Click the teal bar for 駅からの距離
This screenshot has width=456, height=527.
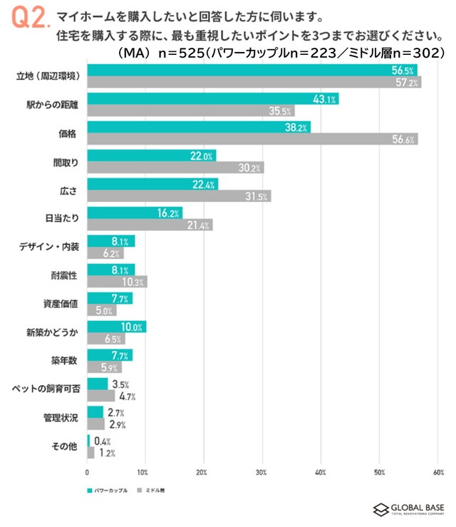tap(212, 99)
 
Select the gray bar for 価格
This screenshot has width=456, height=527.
tap(252, 139)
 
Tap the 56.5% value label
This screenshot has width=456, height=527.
tap(403, 70)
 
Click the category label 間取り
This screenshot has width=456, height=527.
tap(65, 162)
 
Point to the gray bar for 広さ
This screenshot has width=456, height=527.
tap(179, 196)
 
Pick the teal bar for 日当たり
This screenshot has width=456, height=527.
tap(135, 213)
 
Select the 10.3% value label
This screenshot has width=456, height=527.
tap(136, 282)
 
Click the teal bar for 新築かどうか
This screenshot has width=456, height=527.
tap(116, 327)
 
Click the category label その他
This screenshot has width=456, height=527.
tap(66, 446)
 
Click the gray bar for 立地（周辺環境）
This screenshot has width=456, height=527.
tap(254, 82)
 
